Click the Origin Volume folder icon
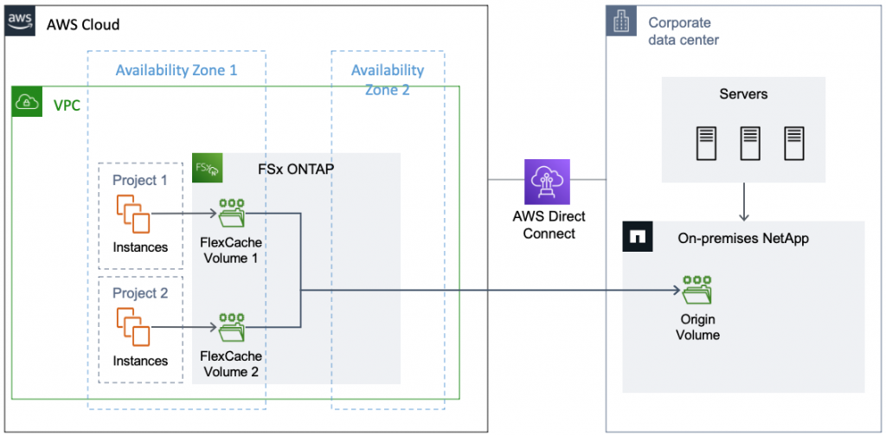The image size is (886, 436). click(x=697, y=291)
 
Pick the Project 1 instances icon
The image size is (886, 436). click(x=133, y=213)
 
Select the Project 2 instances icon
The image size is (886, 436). click(x=133, y=327)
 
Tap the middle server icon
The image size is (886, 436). click(x=749, y=142)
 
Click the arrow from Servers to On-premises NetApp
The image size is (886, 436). click(x=744, y=203)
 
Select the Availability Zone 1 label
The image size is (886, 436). click(x=177, y=70)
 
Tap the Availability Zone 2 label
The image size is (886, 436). click(x=388, y=79)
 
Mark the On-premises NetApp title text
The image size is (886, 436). click(x=743, y=238)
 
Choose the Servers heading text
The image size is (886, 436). click(x=743, y=93)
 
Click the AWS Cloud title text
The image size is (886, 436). click(x=83, y=24)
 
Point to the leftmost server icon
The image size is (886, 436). click(x=707, y=142)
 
